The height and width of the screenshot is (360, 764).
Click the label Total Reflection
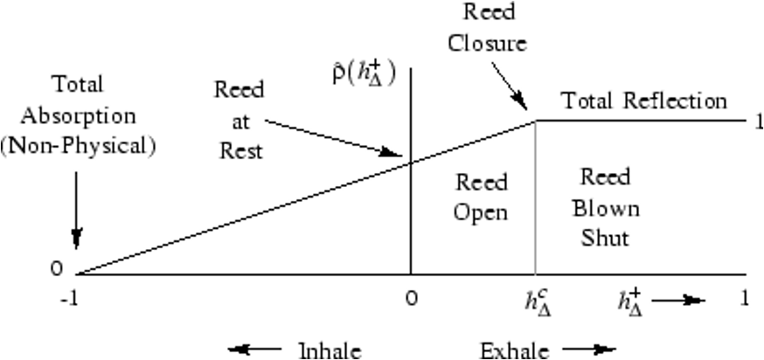644,100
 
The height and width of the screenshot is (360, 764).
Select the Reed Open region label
482,197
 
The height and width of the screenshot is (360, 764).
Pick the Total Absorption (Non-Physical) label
78,115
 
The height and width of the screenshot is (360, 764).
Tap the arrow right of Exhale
580,350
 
